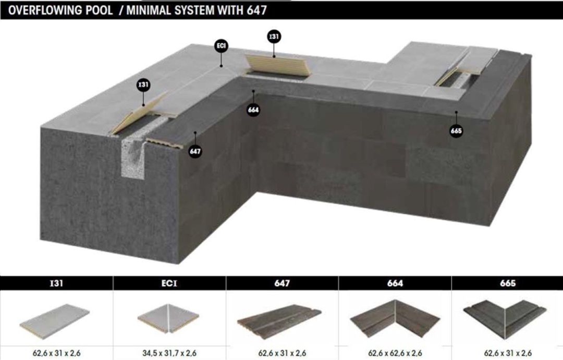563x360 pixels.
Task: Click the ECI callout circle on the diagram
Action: [221, 46]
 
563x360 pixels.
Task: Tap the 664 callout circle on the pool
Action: [253, 110]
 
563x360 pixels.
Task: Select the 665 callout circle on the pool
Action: [456, 131]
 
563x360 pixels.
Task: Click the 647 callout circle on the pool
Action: [195, 151]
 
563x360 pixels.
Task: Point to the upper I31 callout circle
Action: [274, 37]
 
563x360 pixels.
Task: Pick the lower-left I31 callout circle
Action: [143, 85]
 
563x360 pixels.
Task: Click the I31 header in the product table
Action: [56, 283]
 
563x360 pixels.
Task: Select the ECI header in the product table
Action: [169, 283]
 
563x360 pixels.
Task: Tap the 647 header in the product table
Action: [282, 283]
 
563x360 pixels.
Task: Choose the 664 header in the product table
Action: [395, 283]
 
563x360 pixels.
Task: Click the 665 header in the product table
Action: [507, 283]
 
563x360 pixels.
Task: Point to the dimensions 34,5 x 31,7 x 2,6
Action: [169, 353]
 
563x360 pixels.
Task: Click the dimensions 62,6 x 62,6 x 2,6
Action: [395, 353]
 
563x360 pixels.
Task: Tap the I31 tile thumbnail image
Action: [55, 319]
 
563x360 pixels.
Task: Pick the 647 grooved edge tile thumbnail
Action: [279, 318]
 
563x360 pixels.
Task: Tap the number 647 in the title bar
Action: [256, 10]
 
